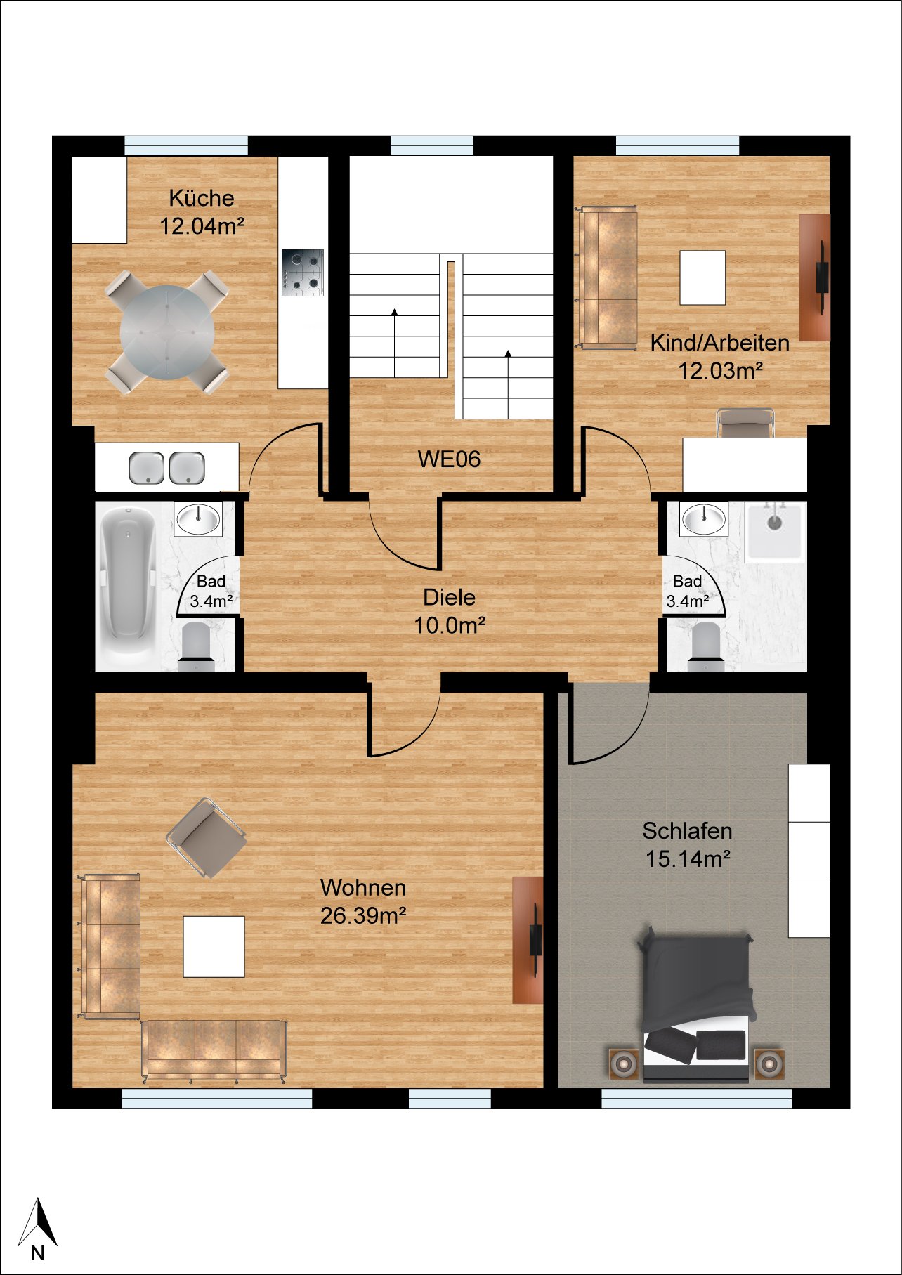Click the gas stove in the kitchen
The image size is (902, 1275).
coord(303,273)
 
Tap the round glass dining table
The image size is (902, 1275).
coord(167,332)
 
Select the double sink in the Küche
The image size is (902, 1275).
coord(167,468)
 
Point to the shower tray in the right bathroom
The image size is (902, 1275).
coord(774,530)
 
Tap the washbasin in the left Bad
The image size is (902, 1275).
coord(198,520)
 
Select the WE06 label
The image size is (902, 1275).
coord(450,459)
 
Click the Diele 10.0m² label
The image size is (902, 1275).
coord(450,611)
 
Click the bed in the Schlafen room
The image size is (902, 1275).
coord(696,1007)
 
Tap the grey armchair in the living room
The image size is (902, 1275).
coord(207,837)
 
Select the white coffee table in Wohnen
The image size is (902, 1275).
coord(214,946)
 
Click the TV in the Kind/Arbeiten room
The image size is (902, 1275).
coord(821,277)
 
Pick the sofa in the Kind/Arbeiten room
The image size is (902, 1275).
coord(607,277)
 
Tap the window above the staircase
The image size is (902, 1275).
coord(431,145)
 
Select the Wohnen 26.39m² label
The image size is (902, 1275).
coord(363,902)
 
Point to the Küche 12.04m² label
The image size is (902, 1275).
coord(202,212)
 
